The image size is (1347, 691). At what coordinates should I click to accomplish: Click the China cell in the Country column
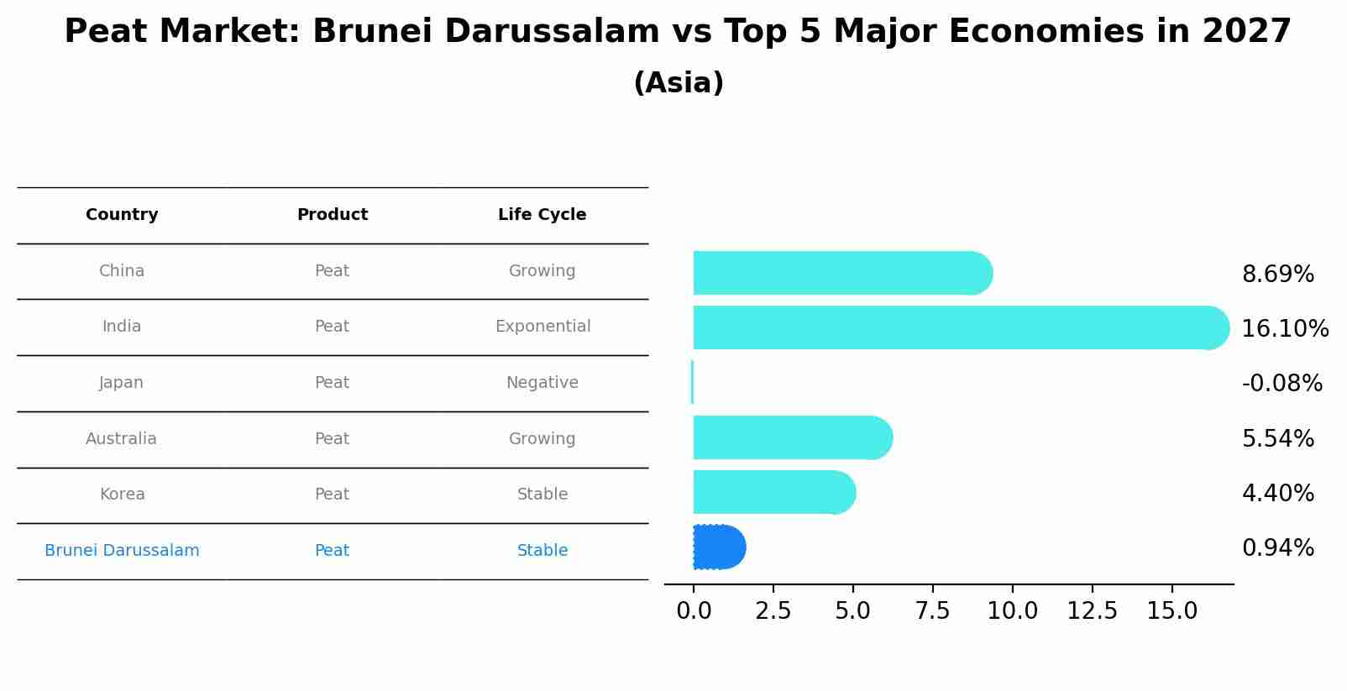[x=122, y=271]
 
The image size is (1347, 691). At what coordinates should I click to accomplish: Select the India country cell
[x=122, y=327]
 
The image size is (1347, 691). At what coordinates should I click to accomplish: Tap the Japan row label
[x=122, y=383]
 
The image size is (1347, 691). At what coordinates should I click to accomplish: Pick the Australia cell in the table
[x=121, y=439]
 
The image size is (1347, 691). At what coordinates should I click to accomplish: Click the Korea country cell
[x=123, y=495]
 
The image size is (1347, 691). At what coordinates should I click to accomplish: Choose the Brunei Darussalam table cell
[x=122, y=551]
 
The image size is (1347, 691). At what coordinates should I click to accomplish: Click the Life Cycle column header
[x=542, y=215]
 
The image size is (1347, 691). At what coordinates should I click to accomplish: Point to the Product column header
[x=333, y=215]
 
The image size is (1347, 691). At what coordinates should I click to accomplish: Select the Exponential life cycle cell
[x=542, y=327]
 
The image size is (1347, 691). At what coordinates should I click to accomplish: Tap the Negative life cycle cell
[x=542, y=383]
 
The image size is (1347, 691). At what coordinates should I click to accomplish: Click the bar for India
[x=957, y=328]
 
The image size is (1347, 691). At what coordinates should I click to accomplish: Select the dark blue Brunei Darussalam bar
[x=719, y=547]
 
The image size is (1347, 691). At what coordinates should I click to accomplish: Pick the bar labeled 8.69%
[x=840, y=273]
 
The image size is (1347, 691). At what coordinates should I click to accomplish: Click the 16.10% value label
[x=1285, y=329]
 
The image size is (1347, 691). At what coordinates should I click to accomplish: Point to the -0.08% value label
[x=1281, y=384]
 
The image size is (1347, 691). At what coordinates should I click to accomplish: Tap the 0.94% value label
[x=1277, y=548]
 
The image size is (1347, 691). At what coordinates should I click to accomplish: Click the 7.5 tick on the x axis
[x=932, y=611]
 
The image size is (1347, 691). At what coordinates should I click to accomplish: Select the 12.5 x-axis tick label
[x=1092, y=611]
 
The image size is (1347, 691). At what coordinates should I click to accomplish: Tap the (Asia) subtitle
[x=679, y=83]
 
